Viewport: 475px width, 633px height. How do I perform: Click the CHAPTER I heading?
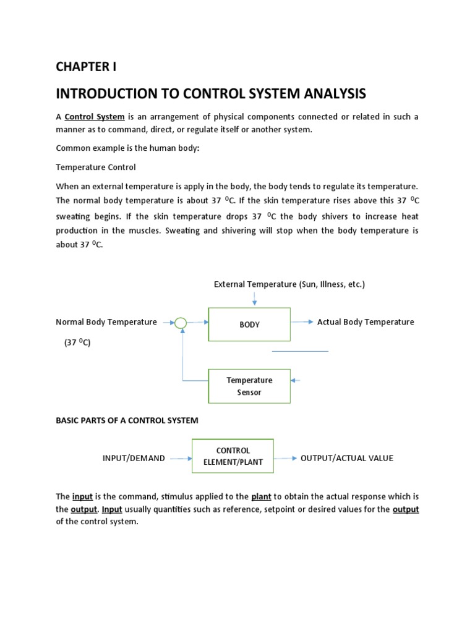pos(86,67)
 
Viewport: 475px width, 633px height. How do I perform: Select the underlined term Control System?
pos(95,117)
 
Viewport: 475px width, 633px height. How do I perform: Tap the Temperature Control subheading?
pos(96,168)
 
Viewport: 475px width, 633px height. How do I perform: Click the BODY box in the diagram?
pos(249,325)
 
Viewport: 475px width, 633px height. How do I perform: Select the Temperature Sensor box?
pos(249,386)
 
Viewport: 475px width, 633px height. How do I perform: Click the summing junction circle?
pos(181,323)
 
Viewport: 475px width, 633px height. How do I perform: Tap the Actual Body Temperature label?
pos(366,322)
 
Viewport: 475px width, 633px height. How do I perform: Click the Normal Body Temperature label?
pos(106,322)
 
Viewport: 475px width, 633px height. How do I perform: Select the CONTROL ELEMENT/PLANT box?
pos(233,456)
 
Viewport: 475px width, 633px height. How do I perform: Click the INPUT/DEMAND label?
pos(134,458)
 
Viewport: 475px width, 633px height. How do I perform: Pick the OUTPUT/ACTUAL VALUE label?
pos(346,458)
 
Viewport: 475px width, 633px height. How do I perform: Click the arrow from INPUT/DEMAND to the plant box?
pos(180,458)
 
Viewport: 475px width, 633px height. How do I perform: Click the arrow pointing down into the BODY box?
pos(254,299)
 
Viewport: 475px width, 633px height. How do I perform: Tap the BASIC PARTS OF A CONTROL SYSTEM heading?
pos(127,420)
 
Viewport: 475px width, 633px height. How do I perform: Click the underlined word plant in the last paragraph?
pos(262,496)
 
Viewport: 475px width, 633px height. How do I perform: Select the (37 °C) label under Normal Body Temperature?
pos(77,342)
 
